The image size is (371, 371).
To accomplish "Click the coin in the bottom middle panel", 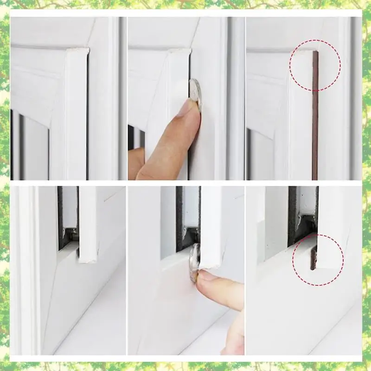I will [194, 262].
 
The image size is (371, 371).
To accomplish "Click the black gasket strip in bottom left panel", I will [60, 218].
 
